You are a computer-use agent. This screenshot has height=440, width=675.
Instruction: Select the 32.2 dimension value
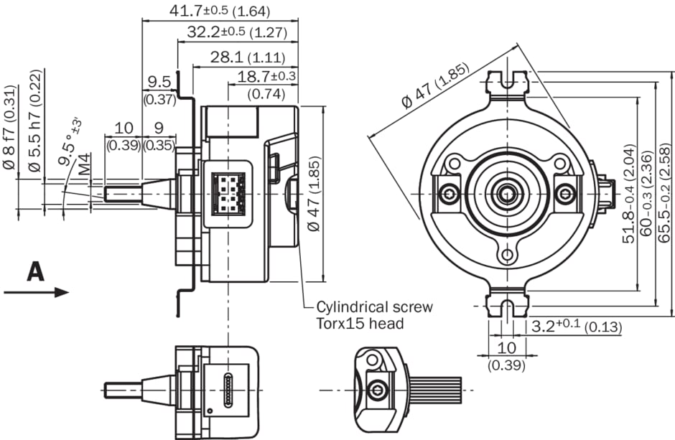[205, 32]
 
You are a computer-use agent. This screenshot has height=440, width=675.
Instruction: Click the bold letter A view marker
[36, 271]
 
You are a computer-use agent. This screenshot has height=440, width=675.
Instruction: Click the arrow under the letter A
[36, 291]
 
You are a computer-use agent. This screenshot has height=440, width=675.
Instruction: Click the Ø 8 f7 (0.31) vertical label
[10, 137]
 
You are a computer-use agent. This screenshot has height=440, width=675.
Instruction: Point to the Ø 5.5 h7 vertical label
[34, 122]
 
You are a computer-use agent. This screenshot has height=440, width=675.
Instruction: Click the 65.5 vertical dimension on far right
[664, 193]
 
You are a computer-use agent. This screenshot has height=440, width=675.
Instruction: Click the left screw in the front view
[450, 193]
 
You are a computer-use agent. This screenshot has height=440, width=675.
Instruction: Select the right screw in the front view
[566, 193]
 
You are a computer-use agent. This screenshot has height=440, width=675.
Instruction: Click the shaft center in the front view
[508, 193]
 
